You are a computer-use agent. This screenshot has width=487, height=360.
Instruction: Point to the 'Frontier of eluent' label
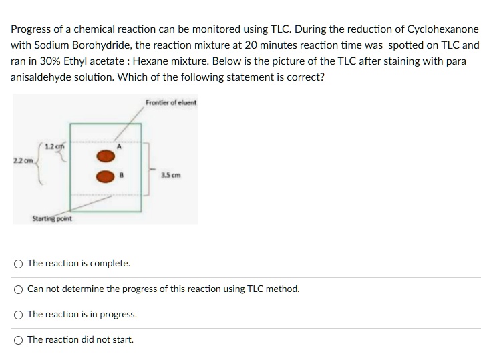point(171,102)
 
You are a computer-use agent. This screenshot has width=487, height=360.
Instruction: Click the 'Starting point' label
point(52,219)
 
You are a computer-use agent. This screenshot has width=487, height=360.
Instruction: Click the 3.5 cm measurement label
point(171,176)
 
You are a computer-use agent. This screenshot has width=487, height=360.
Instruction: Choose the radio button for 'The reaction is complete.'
point(18,264)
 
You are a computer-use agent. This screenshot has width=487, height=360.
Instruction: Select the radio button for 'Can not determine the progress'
point(18,289)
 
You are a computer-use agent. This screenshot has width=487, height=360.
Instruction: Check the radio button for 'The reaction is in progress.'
point(18,315)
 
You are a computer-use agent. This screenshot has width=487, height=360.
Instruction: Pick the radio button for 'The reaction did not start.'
point(18,340)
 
